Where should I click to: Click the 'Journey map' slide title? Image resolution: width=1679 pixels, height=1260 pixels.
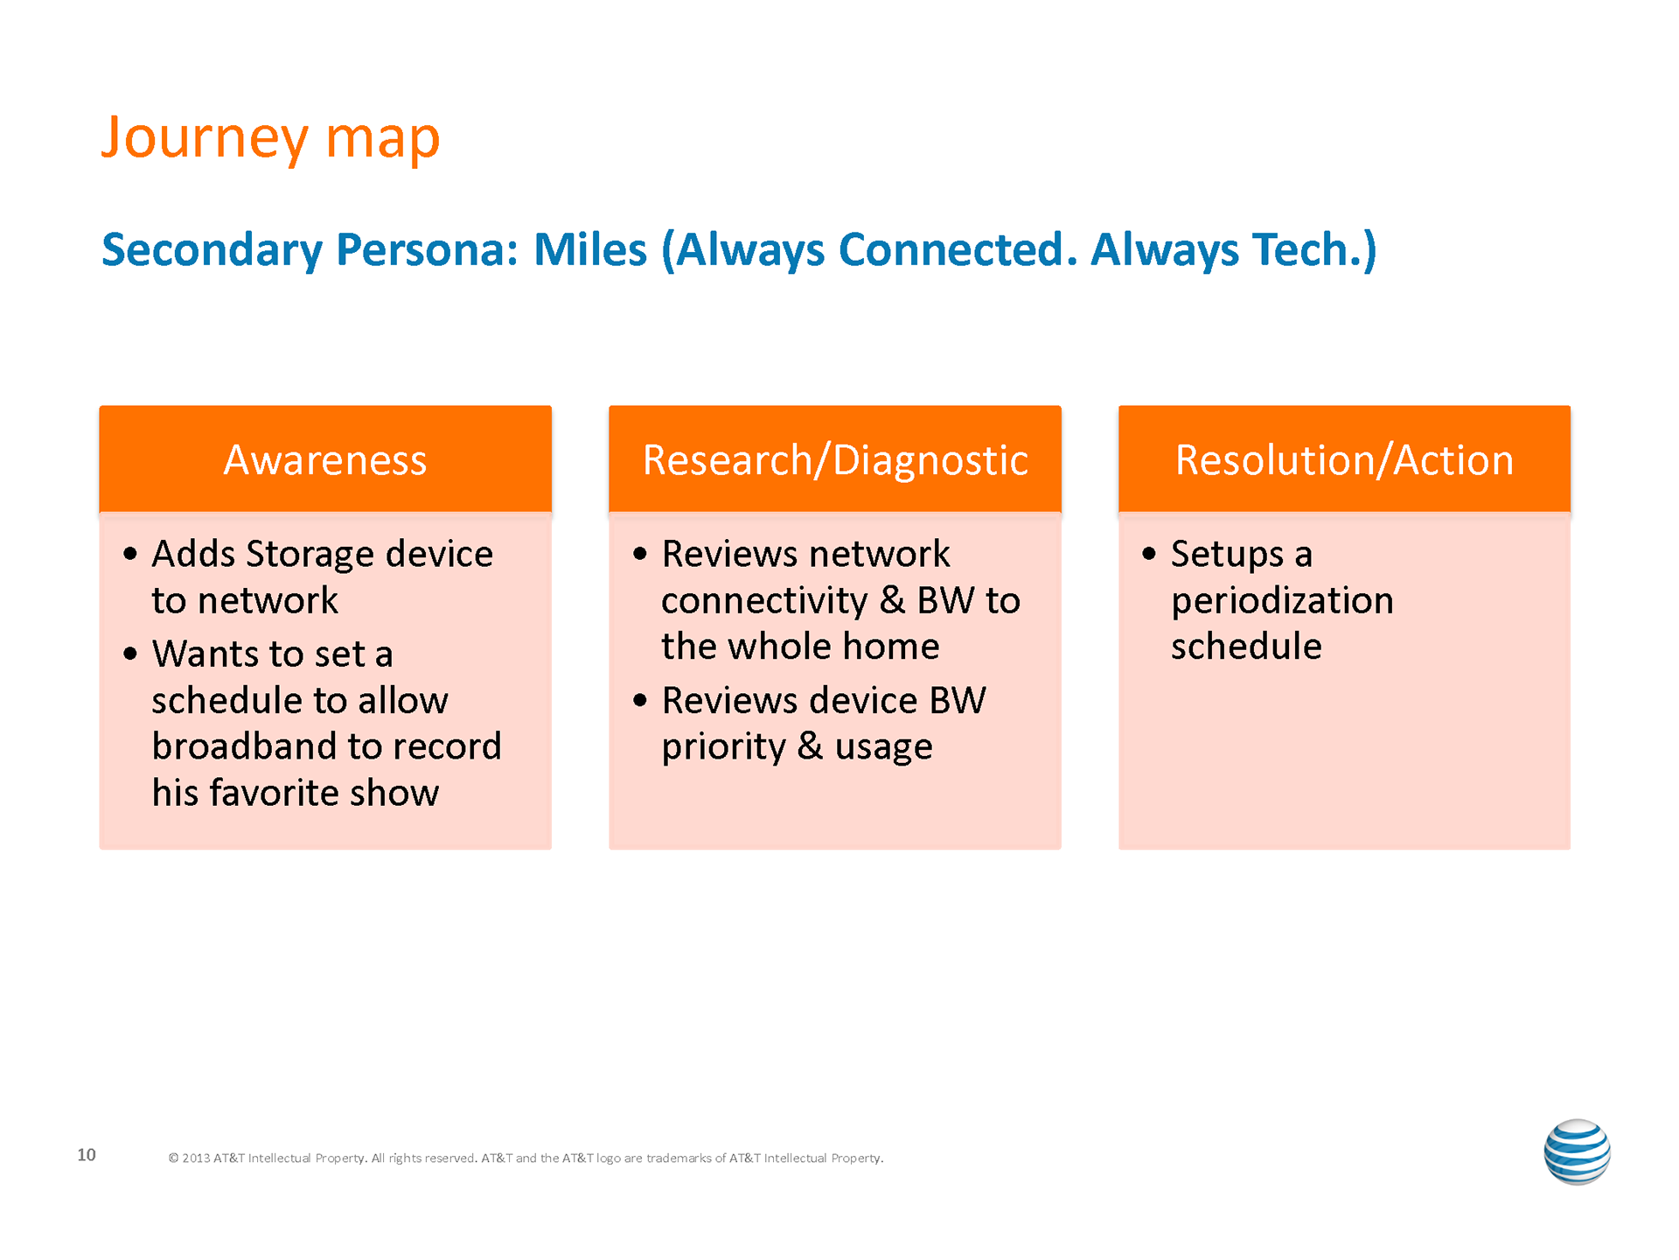coord(270,138)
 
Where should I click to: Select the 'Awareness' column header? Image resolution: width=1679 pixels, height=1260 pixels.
coord(325,458)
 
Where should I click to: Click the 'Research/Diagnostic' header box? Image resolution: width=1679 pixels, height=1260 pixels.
coord(835,458)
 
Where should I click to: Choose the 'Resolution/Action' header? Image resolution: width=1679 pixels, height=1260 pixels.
coord(1344,458)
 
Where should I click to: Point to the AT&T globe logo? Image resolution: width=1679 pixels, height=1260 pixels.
coord(1577,1151)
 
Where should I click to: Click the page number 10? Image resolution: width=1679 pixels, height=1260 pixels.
coord(87,1155)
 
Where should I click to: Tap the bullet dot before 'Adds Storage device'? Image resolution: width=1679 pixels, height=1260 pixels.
coord(130,554)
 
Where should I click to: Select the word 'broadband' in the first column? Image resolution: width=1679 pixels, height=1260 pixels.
coord(244,746)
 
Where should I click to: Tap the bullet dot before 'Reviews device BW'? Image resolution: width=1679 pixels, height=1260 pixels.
coord(640,700)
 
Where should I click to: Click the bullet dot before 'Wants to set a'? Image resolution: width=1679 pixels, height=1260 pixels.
coord(130,654)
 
